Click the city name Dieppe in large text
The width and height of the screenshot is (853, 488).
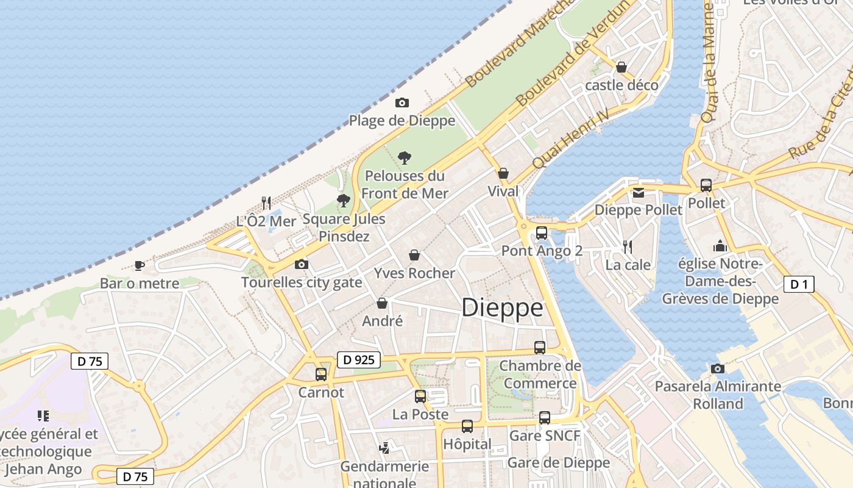point(502,307)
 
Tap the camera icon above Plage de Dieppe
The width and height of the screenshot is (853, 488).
point(402,102)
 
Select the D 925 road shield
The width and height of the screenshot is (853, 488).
point(358,360)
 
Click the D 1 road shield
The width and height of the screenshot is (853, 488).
point(799,284)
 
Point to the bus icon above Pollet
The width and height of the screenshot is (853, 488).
point(706,185)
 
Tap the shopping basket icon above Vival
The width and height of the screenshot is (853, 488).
point(503,173)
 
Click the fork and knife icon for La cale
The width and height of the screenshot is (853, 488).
point(628,246)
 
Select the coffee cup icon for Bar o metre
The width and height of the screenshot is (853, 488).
point(140,265)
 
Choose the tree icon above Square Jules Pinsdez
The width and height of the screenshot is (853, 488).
point(344,200)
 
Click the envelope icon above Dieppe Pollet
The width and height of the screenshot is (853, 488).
point(638,193)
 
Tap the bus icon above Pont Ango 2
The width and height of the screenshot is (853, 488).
point(541,232)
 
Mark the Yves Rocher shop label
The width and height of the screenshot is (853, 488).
point(414,273)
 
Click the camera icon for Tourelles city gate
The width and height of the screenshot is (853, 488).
point(301,264)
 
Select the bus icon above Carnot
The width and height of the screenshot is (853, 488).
point(321,375)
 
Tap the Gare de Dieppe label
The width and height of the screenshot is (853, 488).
point(558,462)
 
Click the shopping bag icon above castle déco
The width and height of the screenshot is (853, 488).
point(621,66)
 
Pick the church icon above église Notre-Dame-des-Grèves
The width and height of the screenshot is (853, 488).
point(720,246)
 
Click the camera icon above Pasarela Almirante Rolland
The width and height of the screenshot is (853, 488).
point(718,368)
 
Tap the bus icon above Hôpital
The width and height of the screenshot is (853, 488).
point(467,426)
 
